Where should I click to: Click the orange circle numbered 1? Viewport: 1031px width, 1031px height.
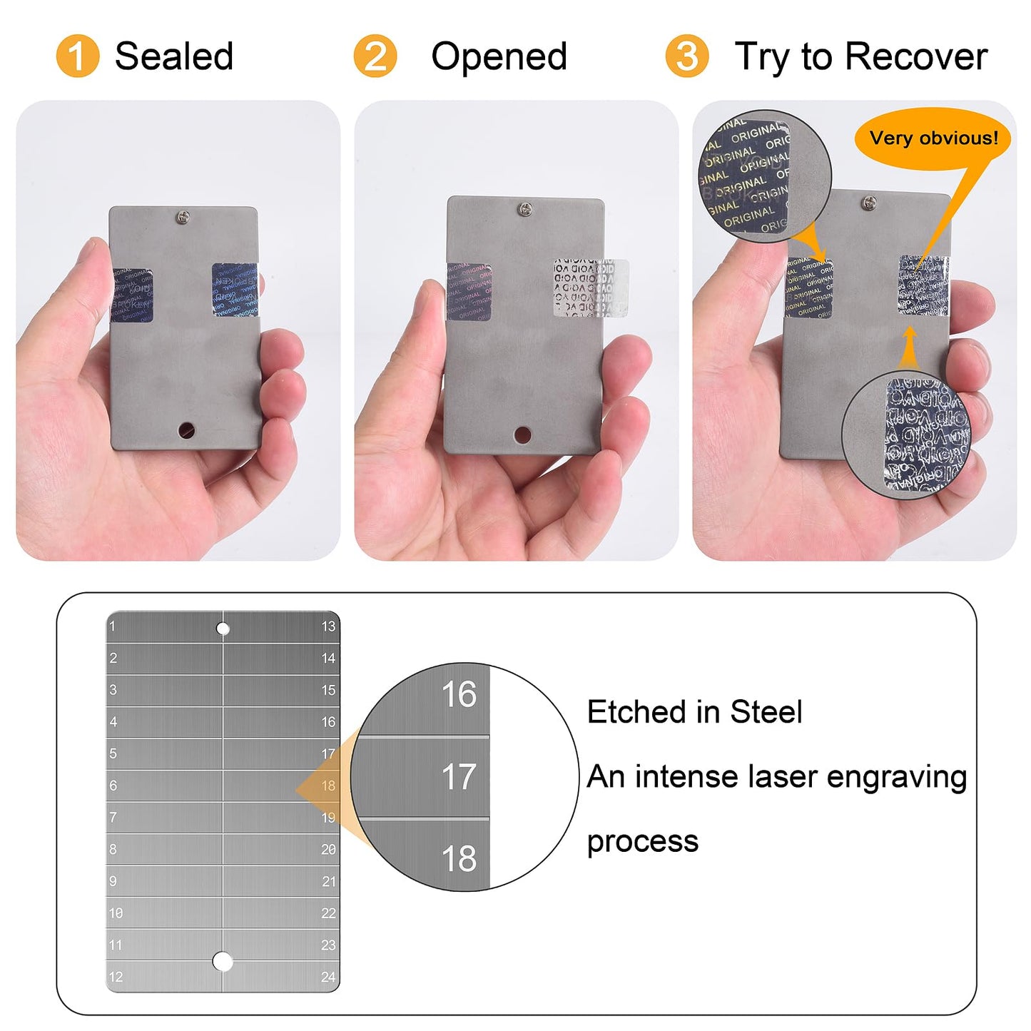click(x=77, y=56)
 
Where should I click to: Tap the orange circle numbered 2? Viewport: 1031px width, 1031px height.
click(x=375, y=56)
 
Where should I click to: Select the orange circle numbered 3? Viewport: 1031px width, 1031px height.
click(x=686, y=56)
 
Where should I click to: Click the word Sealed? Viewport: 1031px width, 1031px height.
click(x=174, y=56)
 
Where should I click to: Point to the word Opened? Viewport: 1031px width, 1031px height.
click(x=499, y=56)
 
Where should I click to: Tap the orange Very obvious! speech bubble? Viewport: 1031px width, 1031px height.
click(x=933, y=138)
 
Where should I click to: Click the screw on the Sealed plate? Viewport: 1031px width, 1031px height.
click(x=184, y=216)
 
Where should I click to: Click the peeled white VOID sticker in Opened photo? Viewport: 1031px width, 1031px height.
click(x=591, y=288)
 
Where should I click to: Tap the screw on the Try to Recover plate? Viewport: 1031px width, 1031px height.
click(x=868, y=203)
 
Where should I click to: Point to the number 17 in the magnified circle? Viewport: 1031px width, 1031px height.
click(x=458, y=776)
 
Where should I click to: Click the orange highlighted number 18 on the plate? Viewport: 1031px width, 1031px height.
click(x=328, y=786)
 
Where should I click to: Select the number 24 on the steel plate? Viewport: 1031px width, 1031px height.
click(x=328, y=977)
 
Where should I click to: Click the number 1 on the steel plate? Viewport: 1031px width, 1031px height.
click(x=112, y=626)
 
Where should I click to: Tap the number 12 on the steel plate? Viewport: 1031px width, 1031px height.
click(x=116, y=977)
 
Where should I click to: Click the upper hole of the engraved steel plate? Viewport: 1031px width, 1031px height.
click(x=223, y=629)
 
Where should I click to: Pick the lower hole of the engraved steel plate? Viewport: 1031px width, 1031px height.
click(x=223, y=962)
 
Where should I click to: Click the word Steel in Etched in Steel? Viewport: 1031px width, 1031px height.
click(x=766, y=712)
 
